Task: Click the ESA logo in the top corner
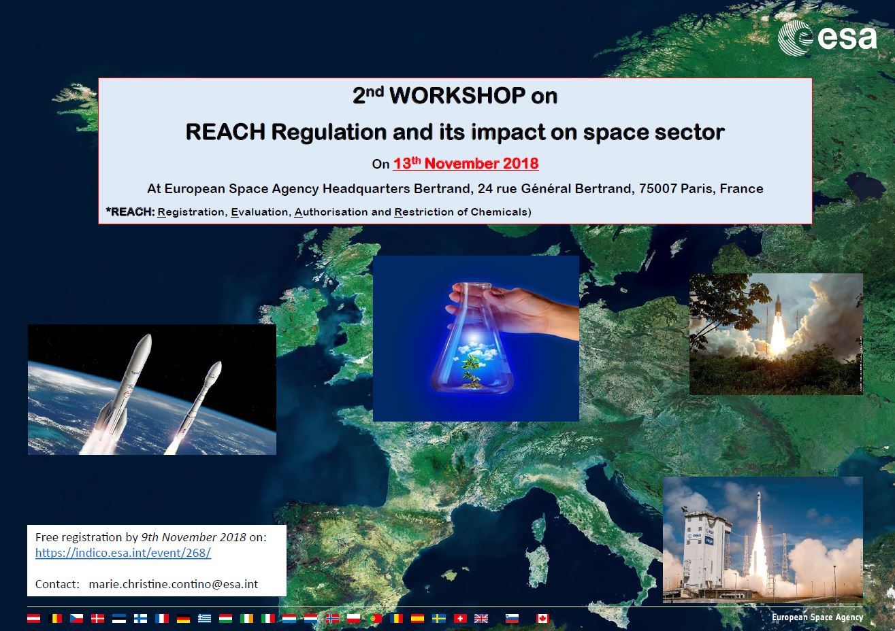pyautogui.click(x=827, y=38)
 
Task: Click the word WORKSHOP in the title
pyautogui.click(x=457, y=96)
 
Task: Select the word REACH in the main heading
pyautogui.click(x=225, y=132)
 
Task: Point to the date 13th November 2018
pyautogui.click(x=466, y=163)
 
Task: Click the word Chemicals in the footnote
pyautogui.click(x=501, y=211)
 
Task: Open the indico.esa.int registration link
pyautogui.click(x=123, y=553)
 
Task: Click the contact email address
pyautogui.click(x=174, y=584)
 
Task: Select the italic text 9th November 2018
pyautogui.click(x=194, y=537)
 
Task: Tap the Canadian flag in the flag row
pyautogui.click(x=542, y=618)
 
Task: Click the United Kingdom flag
pyautogui.click(x=481, y=618)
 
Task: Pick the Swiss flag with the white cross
pyautogui.click(x=460, y=618)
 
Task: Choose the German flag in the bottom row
pyautogui.click(x=183, y=618)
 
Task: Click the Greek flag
pyautogui.click(x=205, y=618)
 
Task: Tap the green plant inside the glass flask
pyautogui.click(x=472, y=371)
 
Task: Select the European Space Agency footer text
pyautogui.click(x=817, y=617)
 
